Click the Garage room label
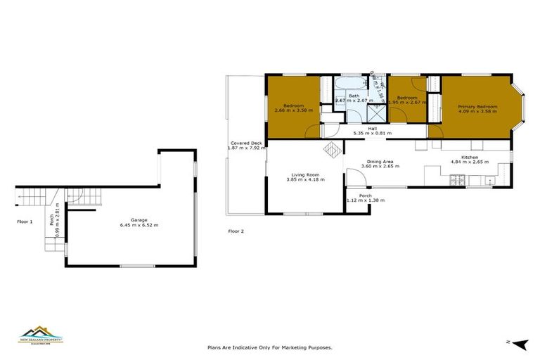pos(139,219)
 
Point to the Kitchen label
pos(470,157)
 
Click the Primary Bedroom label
pos(477,106)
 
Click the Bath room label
pos(354,96)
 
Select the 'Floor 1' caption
pos(25,221)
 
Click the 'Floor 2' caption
pos(236,231)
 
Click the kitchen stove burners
pos(456,182)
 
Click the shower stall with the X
pos(378,112)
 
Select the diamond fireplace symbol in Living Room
pos(330,149)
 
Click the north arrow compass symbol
pos(520,344)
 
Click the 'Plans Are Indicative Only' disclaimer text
pos(269,347)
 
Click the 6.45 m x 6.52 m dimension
pos(139,225)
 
